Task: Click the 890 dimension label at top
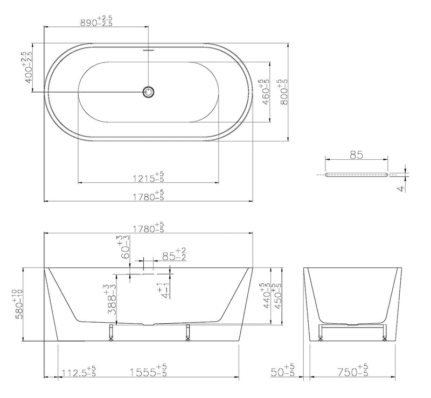click(96, 21)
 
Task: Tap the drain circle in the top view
click(149, 91)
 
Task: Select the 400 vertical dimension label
click(28, 67)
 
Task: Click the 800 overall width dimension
click(283, 91)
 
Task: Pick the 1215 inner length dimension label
click(149, 177)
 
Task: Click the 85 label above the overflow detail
click(357, 155)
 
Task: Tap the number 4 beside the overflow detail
click(402, 189)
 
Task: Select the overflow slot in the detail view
click(357, 175)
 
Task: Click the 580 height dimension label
click(19, 304)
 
